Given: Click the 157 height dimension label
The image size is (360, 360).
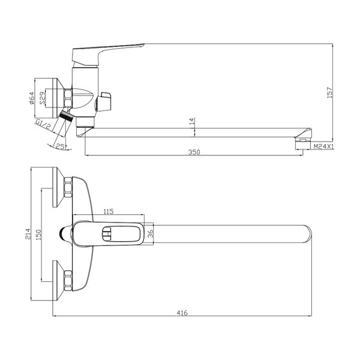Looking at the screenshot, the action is (x=329, y=92).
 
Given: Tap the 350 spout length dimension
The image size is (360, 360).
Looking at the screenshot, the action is (x=194, y=152).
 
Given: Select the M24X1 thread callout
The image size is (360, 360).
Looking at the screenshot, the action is (x=323, y=146).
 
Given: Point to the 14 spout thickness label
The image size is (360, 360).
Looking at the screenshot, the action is (x=192, y=121).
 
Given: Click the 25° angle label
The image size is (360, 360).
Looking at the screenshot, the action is (x=61, y=147).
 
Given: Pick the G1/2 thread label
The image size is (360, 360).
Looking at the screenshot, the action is (x=43, y=124).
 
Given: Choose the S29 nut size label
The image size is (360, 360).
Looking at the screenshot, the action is (x=43, y=98).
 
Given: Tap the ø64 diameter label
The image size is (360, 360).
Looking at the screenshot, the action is (x=32, y=98).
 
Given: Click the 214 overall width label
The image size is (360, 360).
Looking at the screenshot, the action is (x=28, y=234).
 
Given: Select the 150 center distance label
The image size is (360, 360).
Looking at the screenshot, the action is (x=38, y=235).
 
